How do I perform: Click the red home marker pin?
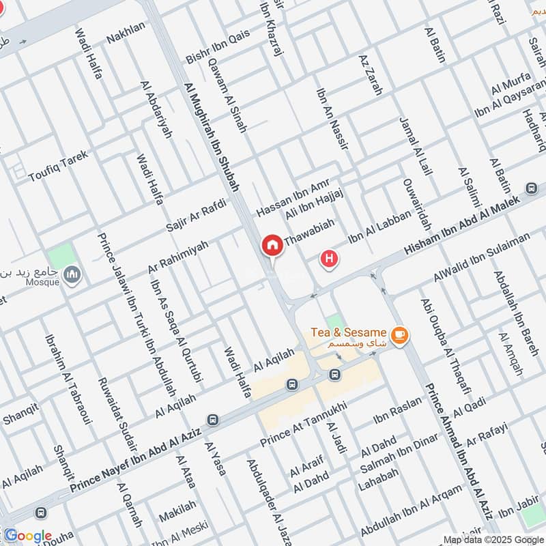point(272,245)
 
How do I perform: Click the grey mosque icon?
point(71,276)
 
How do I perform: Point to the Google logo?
point(27,535)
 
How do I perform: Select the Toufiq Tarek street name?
point(59,166)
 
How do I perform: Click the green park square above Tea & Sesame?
point(334,321)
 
